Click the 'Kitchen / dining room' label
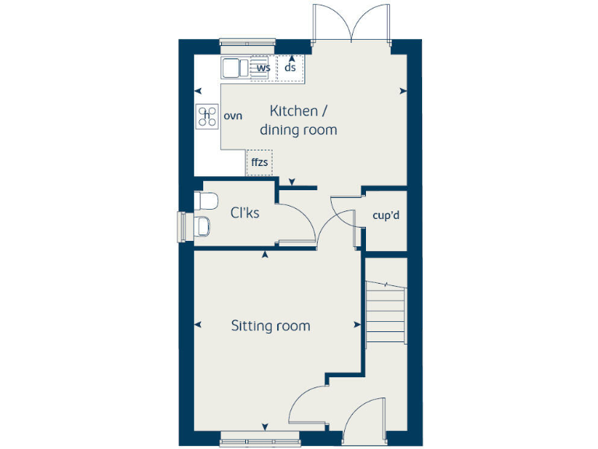coord(298,121)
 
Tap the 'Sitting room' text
coord(270,326)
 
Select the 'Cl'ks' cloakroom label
coord(244,213)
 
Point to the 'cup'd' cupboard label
coord(385,215)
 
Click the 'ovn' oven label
coord(233,116)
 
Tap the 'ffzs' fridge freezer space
coord(259,163)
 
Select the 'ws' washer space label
coord(263,68)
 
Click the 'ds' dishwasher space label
coord(290,68)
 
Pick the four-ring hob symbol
coord(207,116)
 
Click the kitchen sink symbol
coord(234,68)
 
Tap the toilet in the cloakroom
coord(206,201)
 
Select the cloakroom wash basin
coord(201,227)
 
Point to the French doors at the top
coord(352,23)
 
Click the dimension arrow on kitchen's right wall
coord(403,91)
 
